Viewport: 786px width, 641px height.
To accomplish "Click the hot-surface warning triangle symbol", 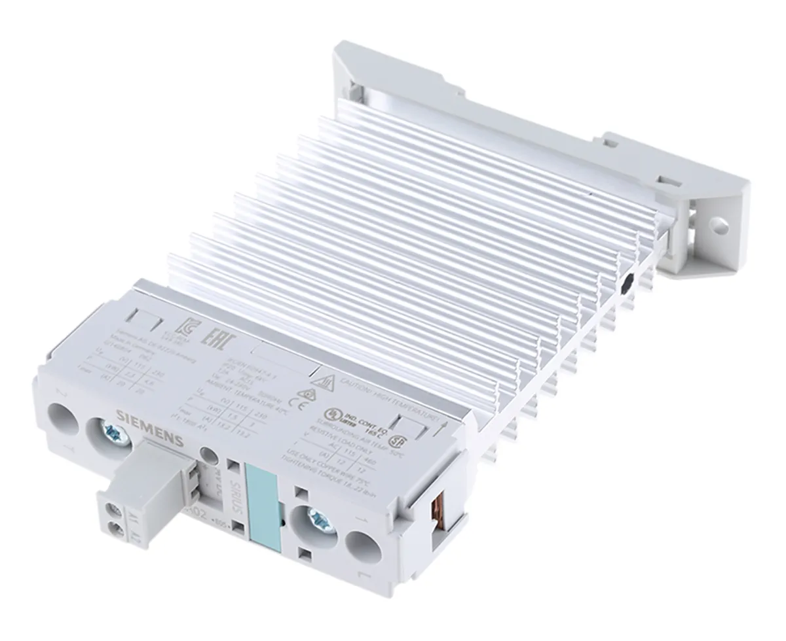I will tap(320, 381).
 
